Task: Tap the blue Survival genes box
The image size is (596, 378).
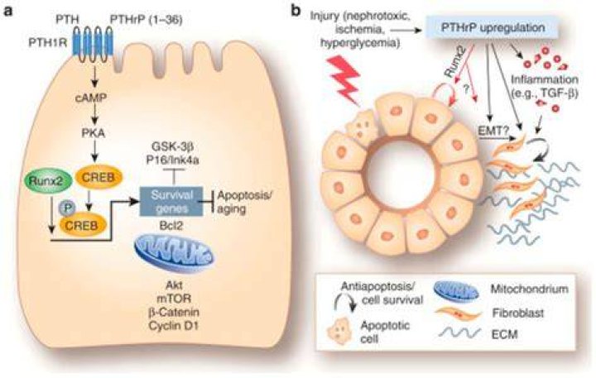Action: (x=172, y=201)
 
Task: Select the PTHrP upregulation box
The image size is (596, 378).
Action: (x=493, y=27)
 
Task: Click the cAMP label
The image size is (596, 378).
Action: (x=91, y=98)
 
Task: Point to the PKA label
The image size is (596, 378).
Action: (x=93, y=133)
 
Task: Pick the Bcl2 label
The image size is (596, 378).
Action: (x=171, y=226)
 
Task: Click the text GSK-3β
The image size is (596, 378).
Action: (x=172, y=146)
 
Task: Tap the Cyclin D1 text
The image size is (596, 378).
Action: (x=174, y=326)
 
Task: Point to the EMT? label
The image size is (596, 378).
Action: (x=493, y=131)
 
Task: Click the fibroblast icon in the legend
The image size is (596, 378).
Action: (x=459, y=314)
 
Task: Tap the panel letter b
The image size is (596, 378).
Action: (x=296, y=12)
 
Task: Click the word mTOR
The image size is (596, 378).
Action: (x=174, y=299)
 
